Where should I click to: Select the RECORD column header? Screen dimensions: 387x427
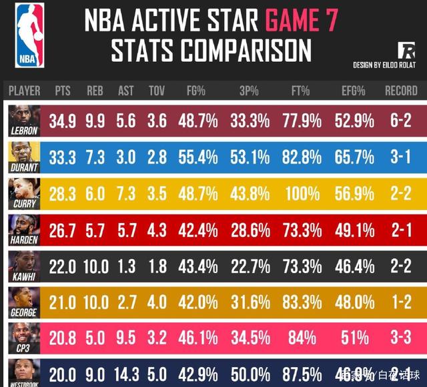click(401, 91)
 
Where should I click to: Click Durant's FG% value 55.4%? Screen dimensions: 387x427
click(197, 157)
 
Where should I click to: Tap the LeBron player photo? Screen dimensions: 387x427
click(24, 116)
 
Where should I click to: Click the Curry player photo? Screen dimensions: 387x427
click(24, 189)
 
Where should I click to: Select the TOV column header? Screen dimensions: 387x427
click(156, 91)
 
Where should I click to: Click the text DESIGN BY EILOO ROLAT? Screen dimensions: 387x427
click(385, 65)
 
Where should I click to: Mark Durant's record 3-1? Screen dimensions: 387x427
click(401, 157)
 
